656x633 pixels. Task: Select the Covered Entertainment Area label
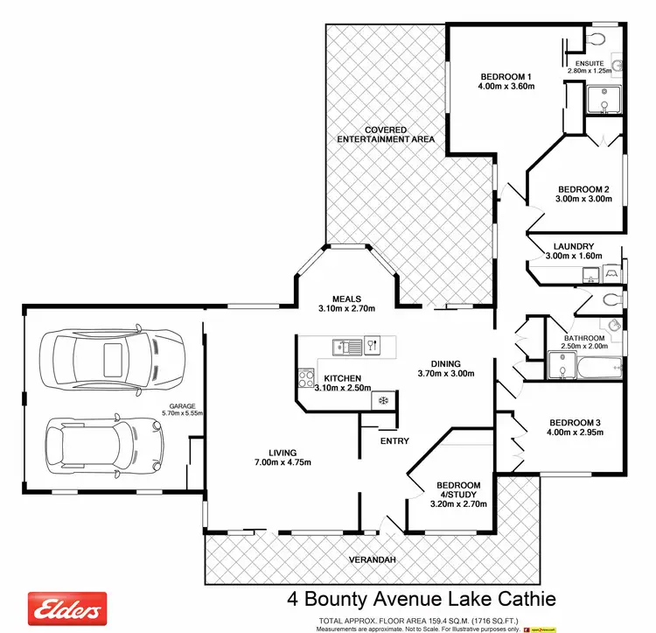click(x=386, y=135)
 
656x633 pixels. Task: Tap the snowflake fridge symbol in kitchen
click(x=382, y=400)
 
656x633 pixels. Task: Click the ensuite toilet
click(x=597, y=39)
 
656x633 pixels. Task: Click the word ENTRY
click(x=394, y=440)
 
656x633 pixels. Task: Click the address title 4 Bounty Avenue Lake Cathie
click(x=422, y=600)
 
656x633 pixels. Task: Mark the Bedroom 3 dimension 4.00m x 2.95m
click(x=573, y=432)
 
